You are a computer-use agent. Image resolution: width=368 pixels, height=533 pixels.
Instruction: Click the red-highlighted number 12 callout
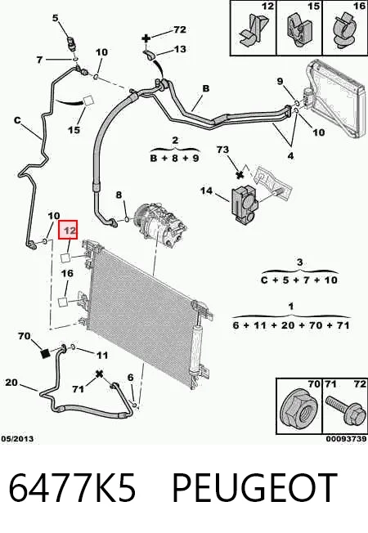68,230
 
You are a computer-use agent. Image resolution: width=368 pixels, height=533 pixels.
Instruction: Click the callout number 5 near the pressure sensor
56,18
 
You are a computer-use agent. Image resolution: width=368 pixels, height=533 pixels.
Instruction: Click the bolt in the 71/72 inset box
343,410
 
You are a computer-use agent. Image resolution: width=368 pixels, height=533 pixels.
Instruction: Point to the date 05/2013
17,439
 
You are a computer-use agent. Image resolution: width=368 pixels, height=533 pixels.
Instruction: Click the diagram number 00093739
346,439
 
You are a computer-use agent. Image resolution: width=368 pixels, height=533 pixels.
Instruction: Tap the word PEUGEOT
254,487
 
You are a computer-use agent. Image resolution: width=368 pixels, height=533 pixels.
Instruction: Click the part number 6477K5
72,487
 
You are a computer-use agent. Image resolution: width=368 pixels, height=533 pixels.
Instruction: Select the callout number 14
206,190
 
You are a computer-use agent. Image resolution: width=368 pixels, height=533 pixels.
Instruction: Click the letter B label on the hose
206,89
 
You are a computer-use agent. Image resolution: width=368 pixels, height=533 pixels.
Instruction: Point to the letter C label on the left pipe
17,120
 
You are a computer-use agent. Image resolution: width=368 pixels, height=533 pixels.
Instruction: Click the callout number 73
222,150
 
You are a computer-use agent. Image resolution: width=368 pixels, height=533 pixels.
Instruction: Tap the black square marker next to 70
45,353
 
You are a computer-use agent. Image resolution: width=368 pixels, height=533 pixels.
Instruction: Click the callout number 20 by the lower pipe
11,383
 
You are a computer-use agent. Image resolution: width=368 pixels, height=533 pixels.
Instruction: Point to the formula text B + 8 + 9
174,159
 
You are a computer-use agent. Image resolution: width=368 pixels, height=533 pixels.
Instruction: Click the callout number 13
180,49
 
